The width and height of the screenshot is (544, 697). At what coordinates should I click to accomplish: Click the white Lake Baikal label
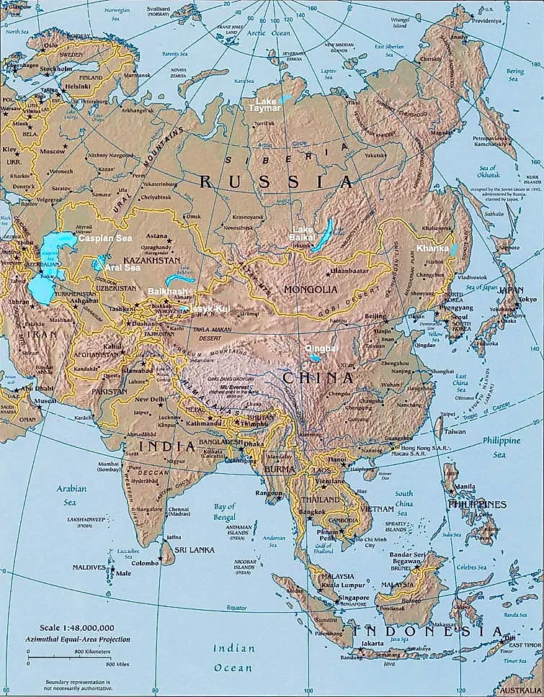coord(302,233)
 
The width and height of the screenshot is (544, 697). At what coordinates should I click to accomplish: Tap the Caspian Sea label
coord(105,238)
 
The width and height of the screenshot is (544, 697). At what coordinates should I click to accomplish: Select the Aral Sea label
coord(122,268)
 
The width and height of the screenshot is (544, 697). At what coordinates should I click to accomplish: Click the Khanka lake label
coord(432,248)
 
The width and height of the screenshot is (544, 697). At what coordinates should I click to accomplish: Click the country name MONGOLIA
coord(311,289)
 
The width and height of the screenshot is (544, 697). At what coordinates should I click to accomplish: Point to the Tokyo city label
coord(527,300)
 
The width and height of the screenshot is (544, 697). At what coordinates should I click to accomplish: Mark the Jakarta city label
coord(373,643)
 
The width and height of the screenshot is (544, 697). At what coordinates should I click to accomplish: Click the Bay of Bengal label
coord(224,512)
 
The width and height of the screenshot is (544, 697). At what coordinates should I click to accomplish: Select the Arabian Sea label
coord(71,495)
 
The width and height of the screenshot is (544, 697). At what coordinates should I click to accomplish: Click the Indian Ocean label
coord(233,657)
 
